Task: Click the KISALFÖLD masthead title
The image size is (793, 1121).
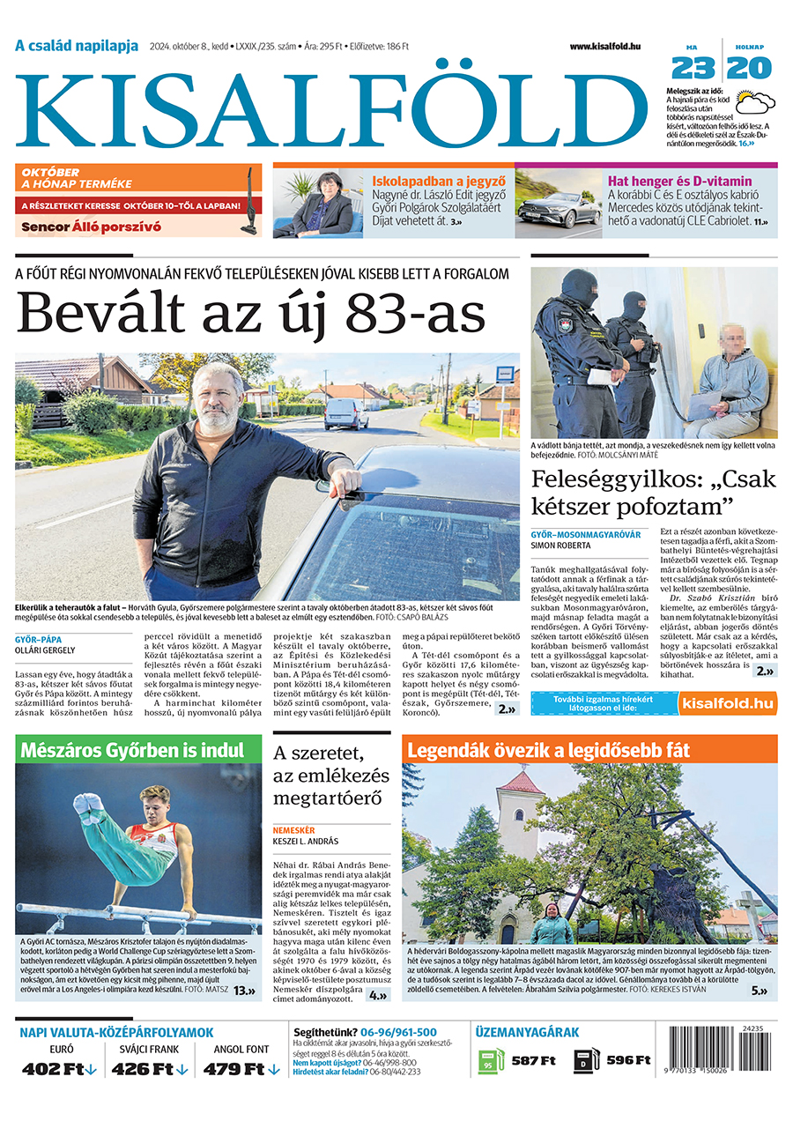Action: (x=330, y=112)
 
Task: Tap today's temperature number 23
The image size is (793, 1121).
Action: (x=693, y=69)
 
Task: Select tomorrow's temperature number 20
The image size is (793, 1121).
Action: (x=749, y=69)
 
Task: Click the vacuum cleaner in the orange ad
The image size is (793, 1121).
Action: (x=250, y=202)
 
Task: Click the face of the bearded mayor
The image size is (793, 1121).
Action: (x=213, y=395)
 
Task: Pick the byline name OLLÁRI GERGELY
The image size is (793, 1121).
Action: (x=45, y=650)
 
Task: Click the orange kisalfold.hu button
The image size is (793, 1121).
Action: (x=728, y=702)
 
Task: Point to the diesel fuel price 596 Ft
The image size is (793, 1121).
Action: (x=629, y=1060)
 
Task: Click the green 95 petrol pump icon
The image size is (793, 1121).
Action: (x=491, y=1060)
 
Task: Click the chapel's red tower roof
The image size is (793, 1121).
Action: (x=522, y=781)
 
